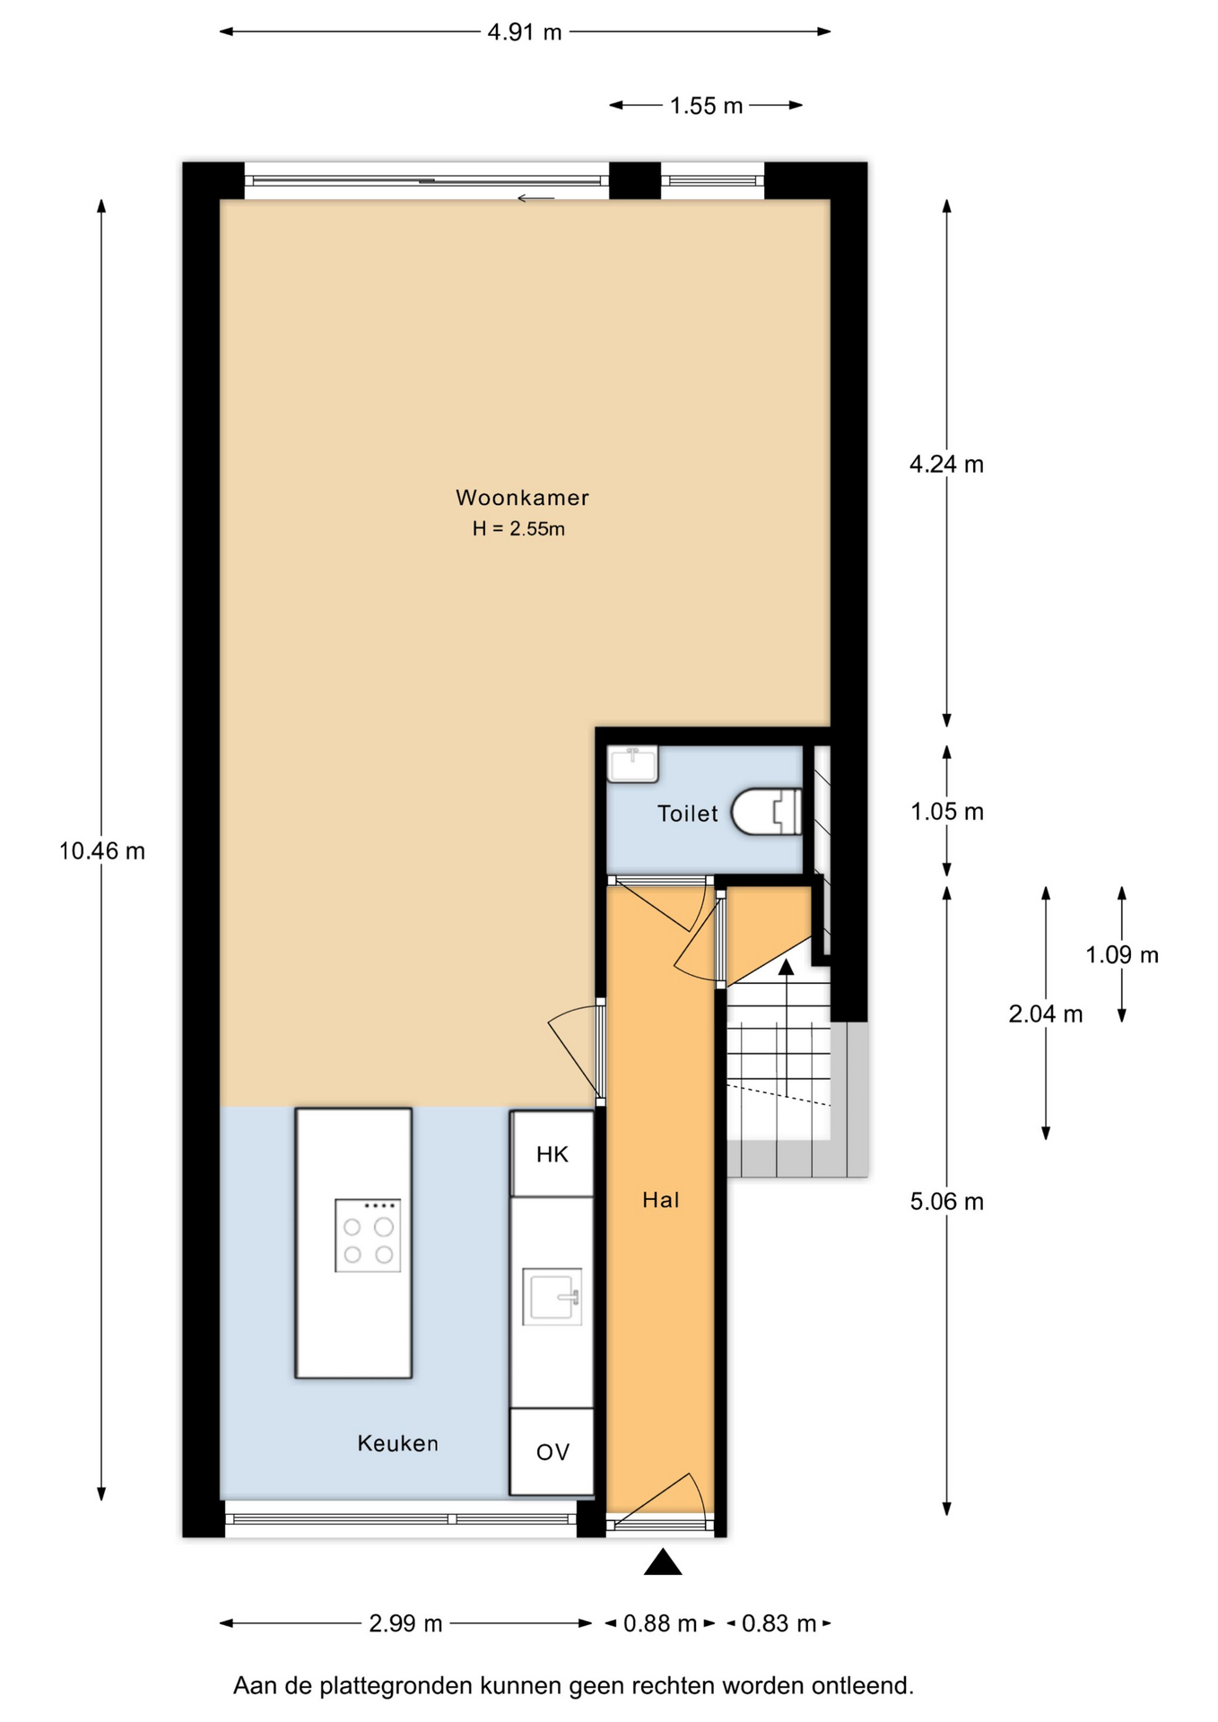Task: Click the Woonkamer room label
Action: click(x=522, y=498)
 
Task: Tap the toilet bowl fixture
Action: click(x=767, y=812)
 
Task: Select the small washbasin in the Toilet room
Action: click(x=632, y=764)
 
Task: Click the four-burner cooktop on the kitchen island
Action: click(x=368, y=1235)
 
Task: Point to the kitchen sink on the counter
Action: click(x=552, y=1296)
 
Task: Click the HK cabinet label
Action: click(x=552, y=1154)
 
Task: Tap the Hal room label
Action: click(x=661, y=1200)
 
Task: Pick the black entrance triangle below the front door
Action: click(x=663, y=1561)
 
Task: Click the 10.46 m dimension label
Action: click(x=102, y=851)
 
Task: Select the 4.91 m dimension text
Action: click(x=525, y=32)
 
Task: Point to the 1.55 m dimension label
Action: click(x=707, y=106)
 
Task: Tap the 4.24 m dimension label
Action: click(x=946, y=465)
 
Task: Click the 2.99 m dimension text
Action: click(x=405, y=1623)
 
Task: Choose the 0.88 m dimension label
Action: click(x=660, y=1623)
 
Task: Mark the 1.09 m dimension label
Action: click(x=1122, y=955)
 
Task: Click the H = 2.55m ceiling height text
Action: click(x=518, y=529)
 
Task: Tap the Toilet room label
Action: click(x=688, y=813)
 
